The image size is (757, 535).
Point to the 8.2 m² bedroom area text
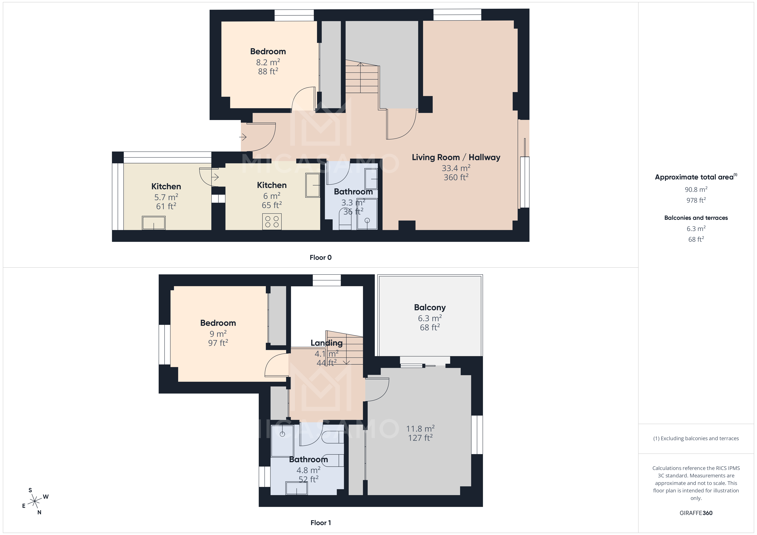click(x=268, y=62)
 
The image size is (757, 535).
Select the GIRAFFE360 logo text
click(x=696, y=513)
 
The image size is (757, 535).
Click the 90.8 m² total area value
click(x=696, y=190)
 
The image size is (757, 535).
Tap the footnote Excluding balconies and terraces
click(x=696, y=438)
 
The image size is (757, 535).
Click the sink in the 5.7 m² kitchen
click(x=154, y=223)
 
